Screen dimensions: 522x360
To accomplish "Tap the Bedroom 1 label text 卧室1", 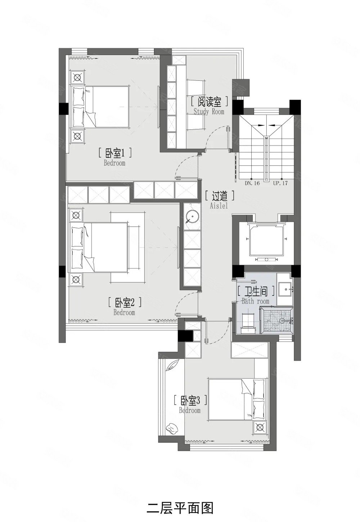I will [115, 153].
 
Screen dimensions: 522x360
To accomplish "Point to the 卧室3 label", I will [189, 400].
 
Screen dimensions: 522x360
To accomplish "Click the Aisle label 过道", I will [219, 196].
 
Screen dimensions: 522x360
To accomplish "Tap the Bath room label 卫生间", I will [256, 290].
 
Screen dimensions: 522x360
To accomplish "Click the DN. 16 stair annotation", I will [252, 183].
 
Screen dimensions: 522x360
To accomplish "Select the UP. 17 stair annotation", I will [281, 183].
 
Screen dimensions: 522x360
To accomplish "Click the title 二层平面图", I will [180, 498].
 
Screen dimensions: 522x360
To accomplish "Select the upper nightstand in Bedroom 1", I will [77, 77].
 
